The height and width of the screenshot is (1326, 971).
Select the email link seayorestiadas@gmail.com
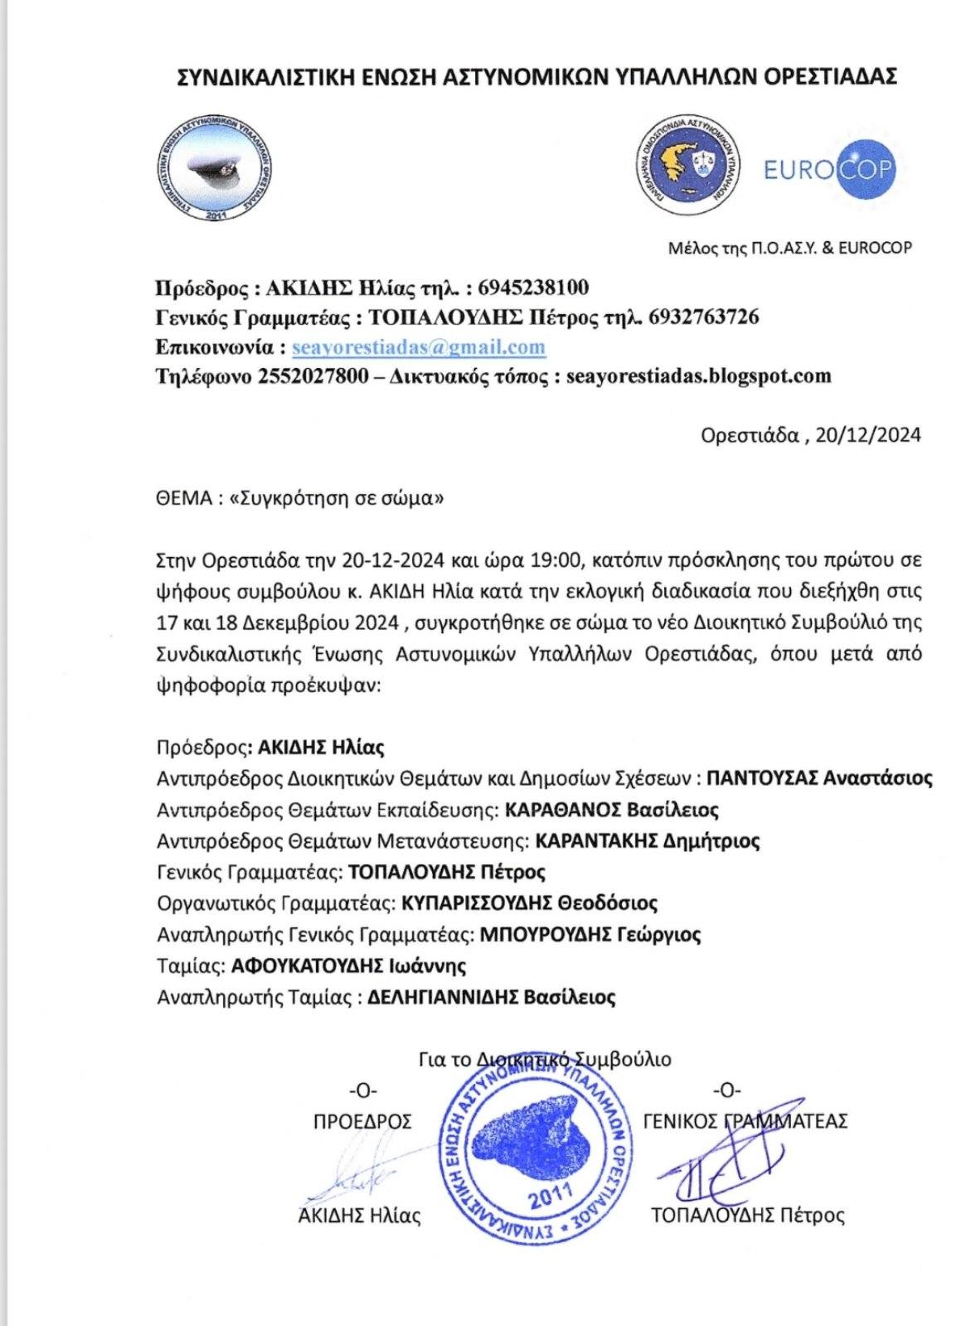(x=419, y=346)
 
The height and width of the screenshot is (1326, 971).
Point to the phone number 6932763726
(x=704, y=317)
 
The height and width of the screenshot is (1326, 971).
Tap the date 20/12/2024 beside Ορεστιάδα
(x=868, y=435)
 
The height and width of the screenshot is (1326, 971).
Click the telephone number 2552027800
(x=313, y=375)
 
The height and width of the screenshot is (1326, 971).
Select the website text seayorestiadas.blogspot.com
(x=697, y=375)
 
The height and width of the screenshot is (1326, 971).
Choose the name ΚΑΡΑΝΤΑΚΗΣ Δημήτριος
(x=648, y=840)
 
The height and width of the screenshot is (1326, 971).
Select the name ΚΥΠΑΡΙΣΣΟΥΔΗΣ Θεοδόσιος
(x=529, y=903)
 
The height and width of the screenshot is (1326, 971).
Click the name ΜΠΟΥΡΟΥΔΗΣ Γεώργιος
(x=590, y=934)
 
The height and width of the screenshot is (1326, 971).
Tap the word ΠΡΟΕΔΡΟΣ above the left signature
(x=362, y=1121)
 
